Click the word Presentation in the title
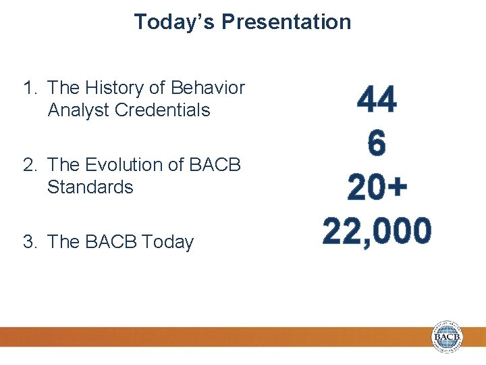286,22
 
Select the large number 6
377,143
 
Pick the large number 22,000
377,232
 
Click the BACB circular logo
448,337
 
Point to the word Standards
90,187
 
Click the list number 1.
29,88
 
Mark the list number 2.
29,165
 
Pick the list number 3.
29,242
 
